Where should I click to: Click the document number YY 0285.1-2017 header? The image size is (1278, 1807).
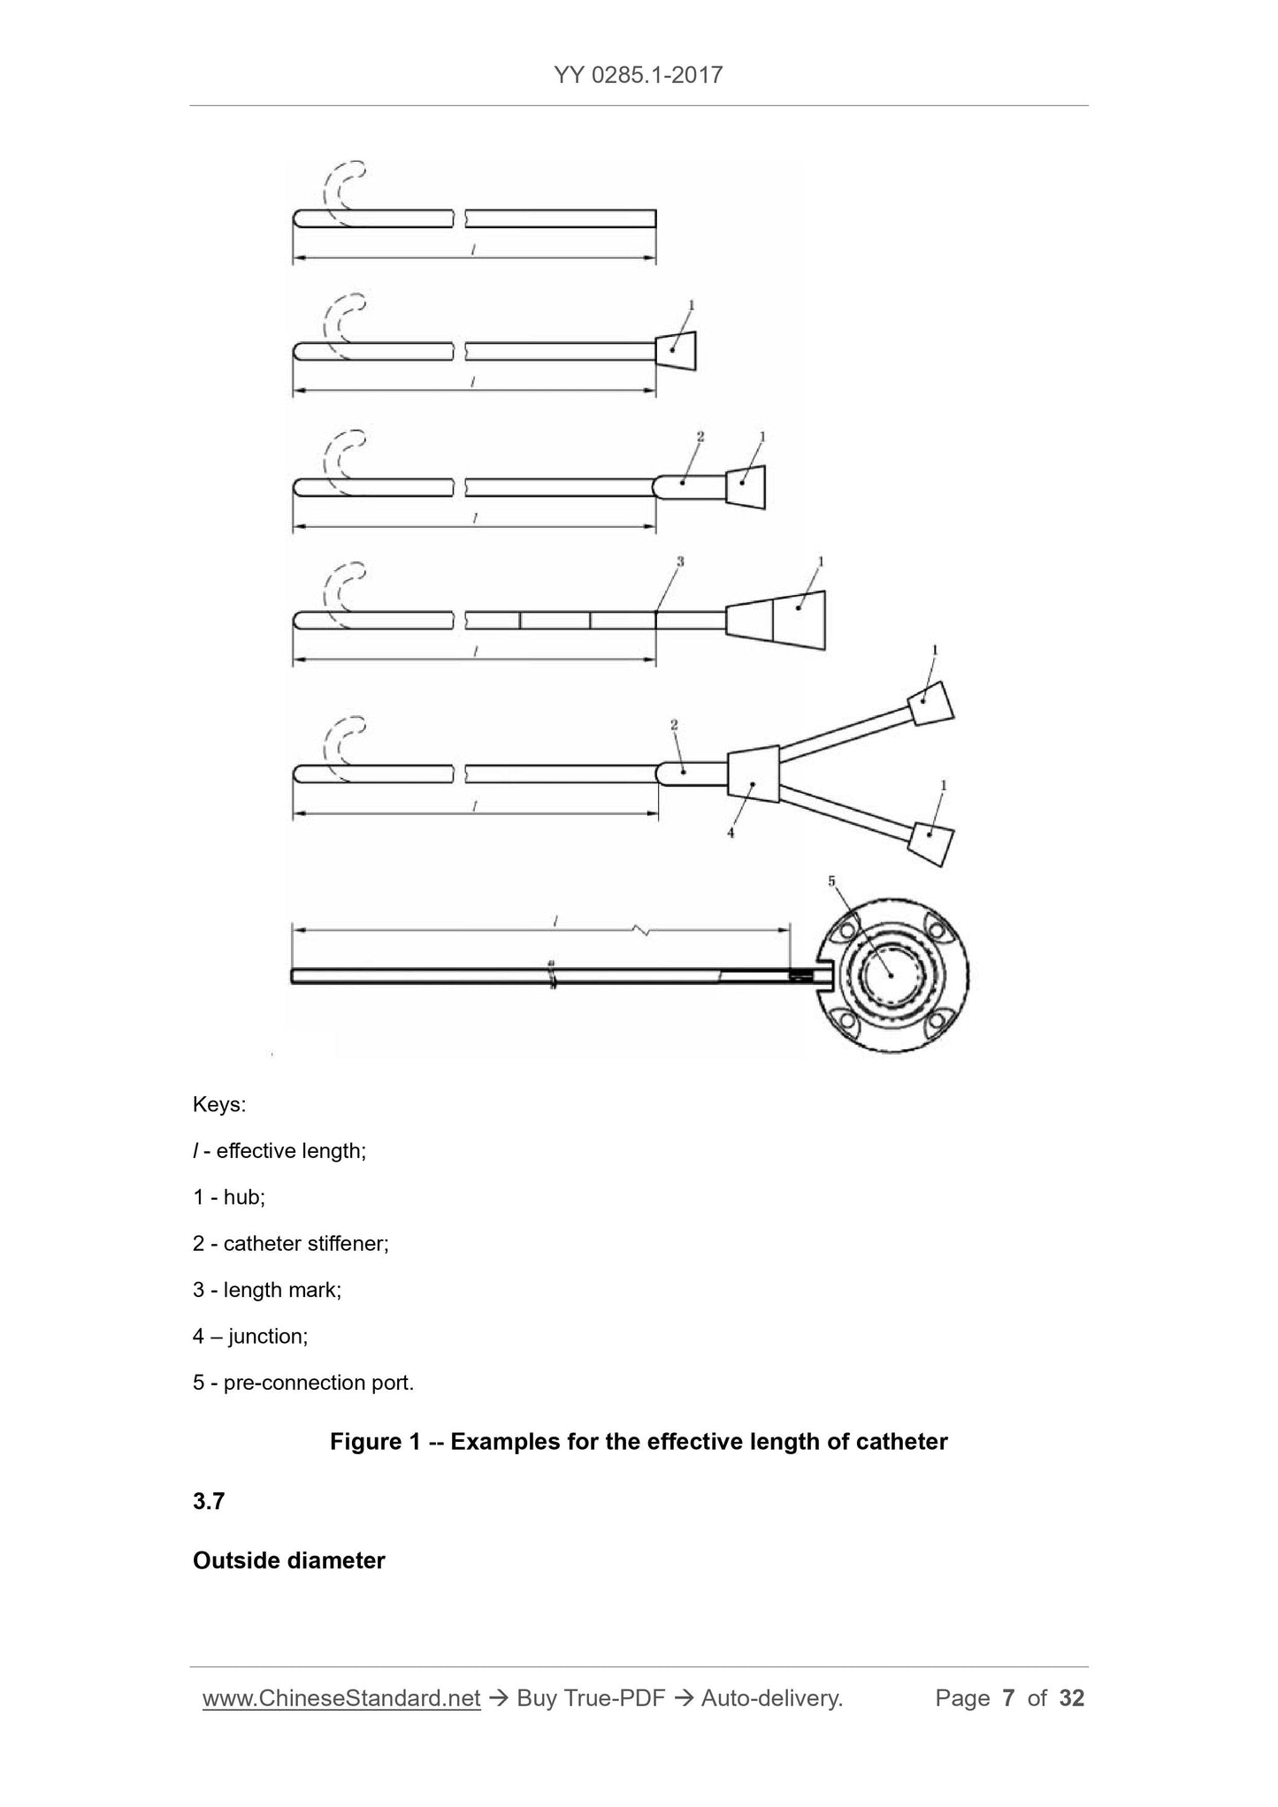click(x=639, y=74)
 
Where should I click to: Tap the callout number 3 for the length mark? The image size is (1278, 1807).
click(x=680, y=560)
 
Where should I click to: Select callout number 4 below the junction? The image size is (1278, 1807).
click(x=731, y=832)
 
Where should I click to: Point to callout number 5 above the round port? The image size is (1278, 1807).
click(x=831, y=881)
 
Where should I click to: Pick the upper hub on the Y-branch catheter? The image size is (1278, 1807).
click(x=931, y=704)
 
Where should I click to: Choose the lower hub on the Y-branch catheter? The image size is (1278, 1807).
click(x=931, y=843)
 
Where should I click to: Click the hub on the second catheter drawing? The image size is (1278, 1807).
click(x=676, y=351)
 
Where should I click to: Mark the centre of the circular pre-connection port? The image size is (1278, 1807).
click(x=892, y=974)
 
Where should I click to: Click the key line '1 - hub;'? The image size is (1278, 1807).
click(x=229, y=1197)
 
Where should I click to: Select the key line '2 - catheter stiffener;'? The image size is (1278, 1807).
click(x=291, y=1243)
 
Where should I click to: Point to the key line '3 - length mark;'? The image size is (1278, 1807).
click(x=267, y=1289)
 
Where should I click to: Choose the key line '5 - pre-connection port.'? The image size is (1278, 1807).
click(x=303, y=1382)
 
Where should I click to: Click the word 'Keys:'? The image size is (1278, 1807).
click(x=219, y=1105)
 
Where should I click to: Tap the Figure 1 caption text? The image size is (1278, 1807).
click(x=639, y=1442)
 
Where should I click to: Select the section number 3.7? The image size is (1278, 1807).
click(x=209, y=1501)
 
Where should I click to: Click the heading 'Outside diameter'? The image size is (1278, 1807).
click(x=289, y=1560)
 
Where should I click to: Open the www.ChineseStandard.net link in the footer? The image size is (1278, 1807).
click(x=341, y=1698)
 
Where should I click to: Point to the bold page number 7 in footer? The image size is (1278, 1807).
click(x=1008, y=1698)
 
